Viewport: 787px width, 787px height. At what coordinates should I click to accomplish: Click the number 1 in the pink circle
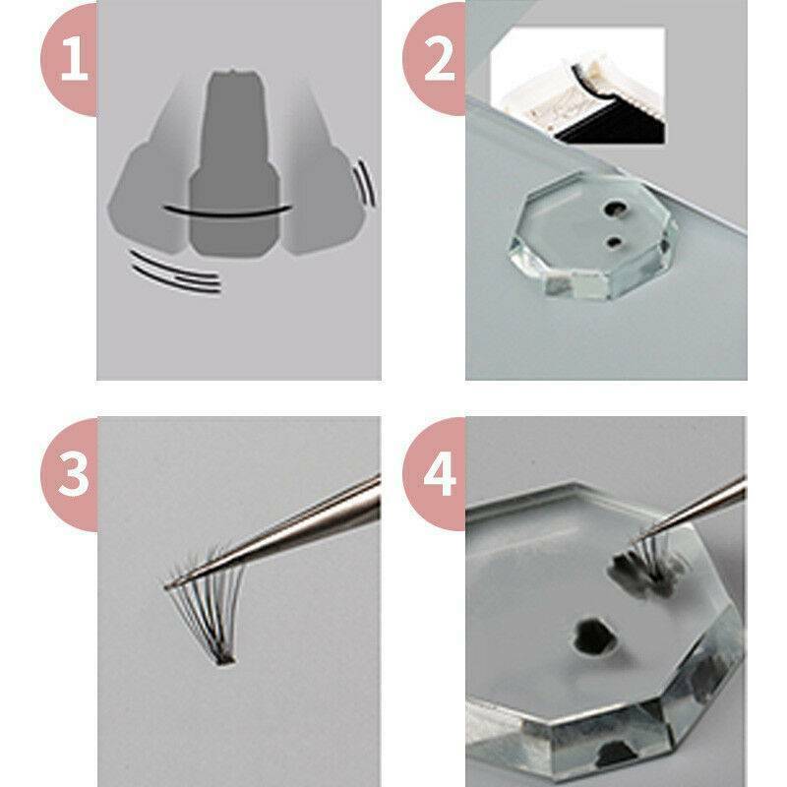tap(74, 60)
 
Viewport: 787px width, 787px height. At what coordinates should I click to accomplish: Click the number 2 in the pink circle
tap(439, 60)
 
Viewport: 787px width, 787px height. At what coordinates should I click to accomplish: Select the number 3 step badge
tap(69, 474)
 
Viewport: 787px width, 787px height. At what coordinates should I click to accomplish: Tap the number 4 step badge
tap(435, 474)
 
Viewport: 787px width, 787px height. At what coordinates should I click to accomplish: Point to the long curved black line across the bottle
tap(227, 212)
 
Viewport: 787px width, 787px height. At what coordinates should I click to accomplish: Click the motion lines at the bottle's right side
tap(365, 183)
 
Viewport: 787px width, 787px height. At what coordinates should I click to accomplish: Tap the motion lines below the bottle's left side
tap(176, 272)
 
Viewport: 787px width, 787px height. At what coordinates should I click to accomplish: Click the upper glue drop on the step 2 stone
tap(614, 209)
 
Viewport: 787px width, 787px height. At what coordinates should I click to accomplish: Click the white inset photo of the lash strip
tap(578, 86)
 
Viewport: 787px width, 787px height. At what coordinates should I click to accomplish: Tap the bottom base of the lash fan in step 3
tap(224, 659)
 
